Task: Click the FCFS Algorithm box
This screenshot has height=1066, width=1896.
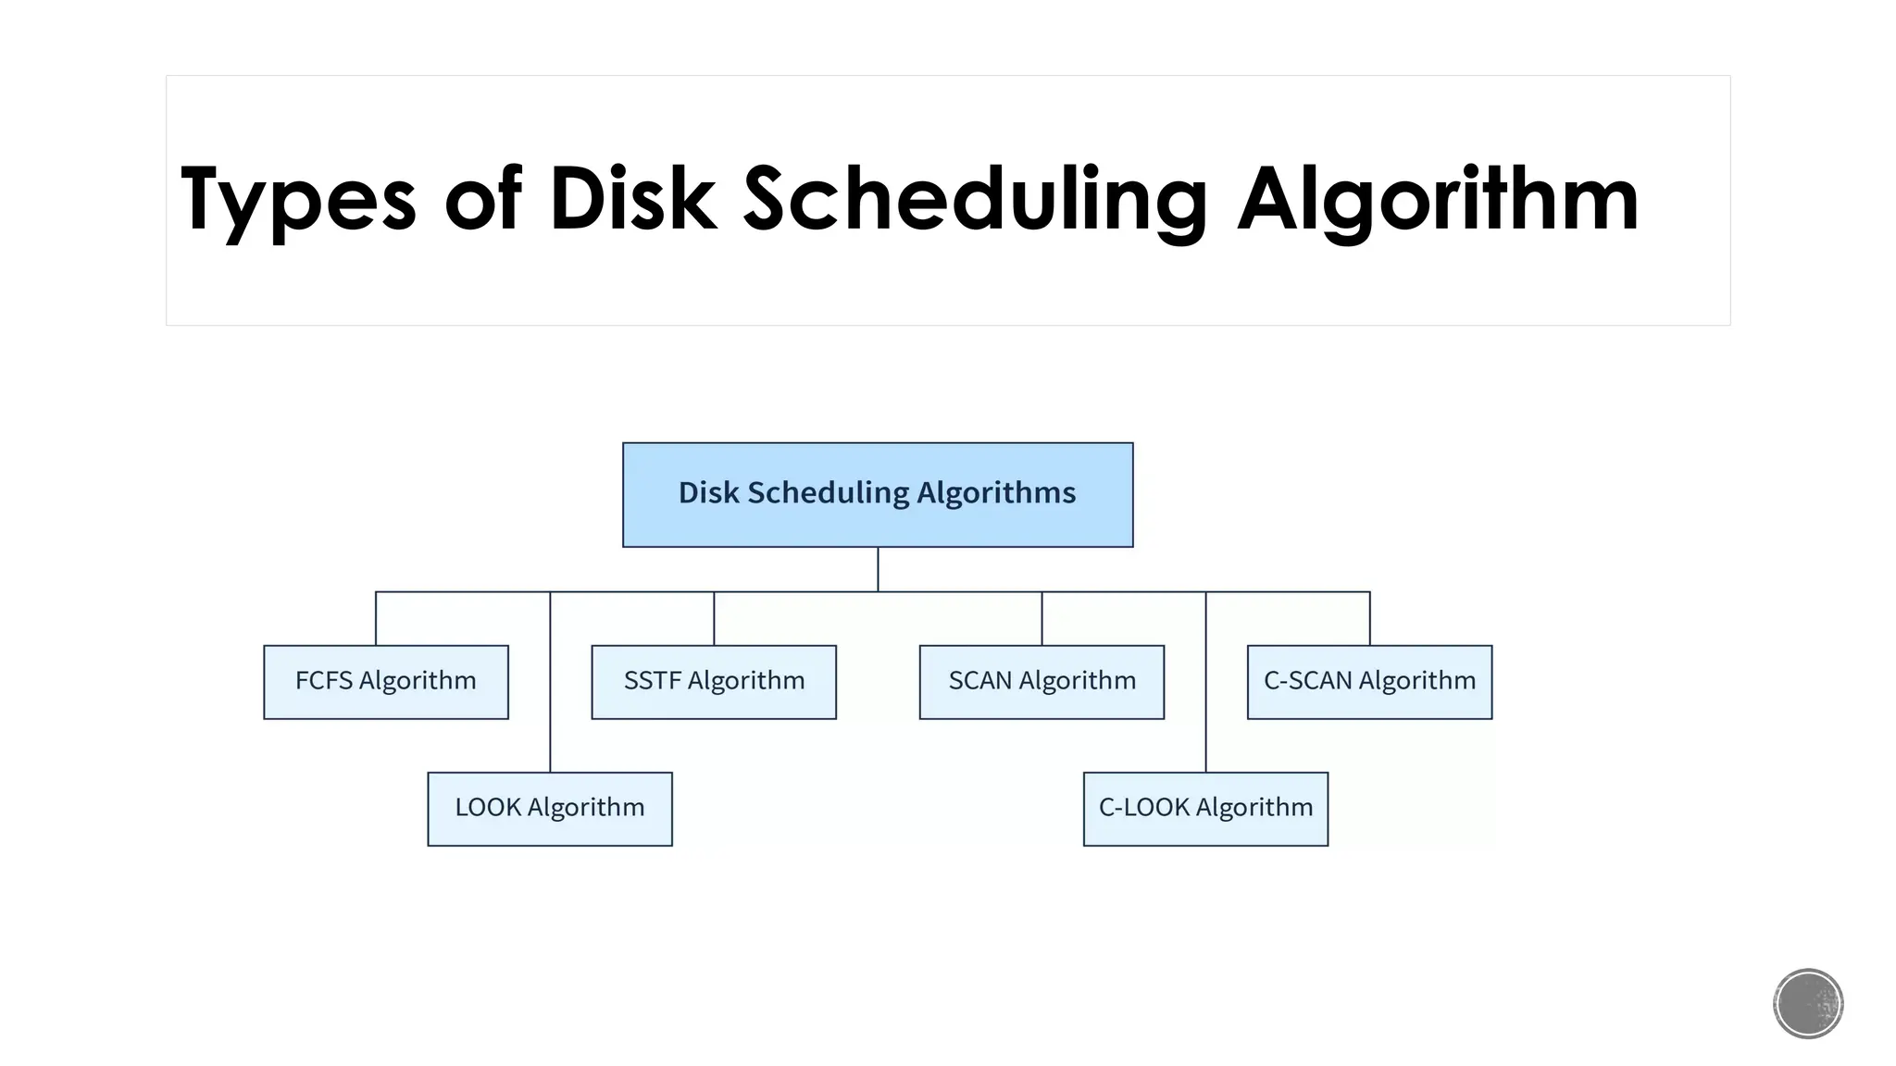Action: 385,682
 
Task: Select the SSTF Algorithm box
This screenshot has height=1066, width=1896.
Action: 713,682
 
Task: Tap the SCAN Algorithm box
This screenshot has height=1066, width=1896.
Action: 1042,682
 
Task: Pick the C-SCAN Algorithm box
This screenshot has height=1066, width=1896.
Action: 1369,682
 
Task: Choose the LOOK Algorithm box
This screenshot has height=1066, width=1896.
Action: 549,809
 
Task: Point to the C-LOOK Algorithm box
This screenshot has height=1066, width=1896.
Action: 1205,809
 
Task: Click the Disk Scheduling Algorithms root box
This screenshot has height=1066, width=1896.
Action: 877,494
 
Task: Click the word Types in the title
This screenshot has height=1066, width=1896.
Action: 298,199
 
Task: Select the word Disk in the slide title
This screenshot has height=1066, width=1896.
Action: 632,199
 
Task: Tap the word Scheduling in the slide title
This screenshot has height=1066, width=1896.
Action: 975,199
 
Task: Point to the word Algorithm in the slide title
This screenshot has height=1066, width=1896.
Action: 1438,199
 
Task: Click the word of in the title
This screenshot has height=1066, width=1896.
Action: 483,199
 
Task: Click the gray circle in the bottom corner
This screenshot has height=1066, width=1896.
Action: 1807,1003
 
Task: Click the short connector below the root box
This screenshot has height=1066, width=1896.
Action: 878,569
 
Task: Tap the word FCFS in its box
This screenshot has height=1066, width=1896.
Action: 324,681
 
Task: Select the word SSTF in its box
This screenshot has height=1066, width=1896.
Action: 652,681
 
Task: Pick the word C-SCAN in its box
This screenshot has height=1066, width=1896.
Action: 1306,681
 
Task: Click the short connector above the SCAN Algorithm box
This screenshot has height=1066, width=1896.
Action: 1042,618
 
